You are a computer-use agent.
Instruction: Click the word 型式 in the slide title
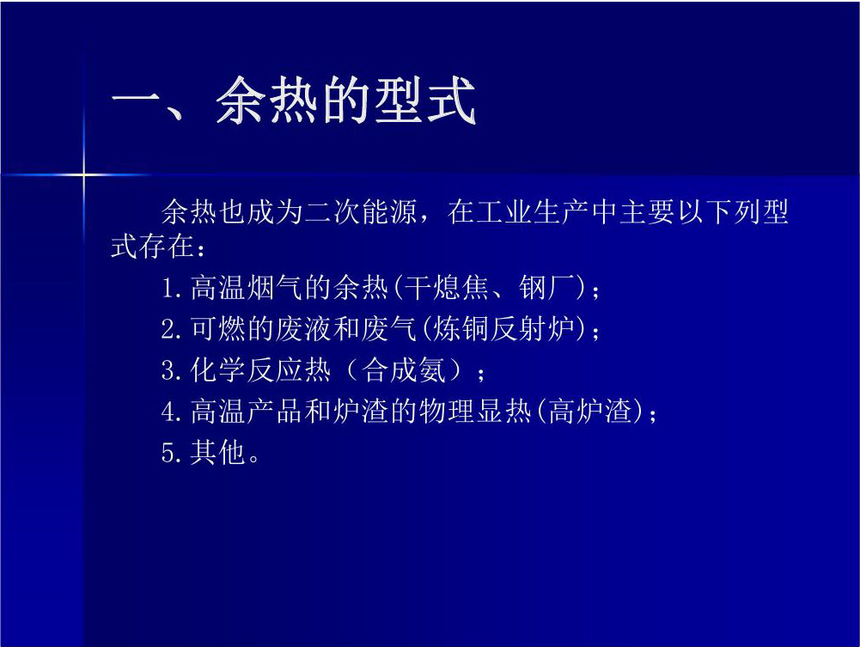tap(425, 101)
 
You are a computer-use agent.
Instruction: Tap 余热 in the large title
tap(266, 101)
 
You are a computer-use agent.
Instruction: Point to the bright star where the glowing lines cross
tap(84, 175)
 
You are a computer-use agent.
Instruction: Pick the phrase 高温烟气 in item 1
tap(247, 287)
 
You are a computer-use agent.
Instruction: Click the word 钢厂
tap(547, 287)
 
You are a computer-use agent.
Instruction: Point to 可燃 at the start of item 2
tap(218, 328)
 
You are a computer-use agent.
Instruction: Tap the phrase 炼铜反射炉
tap(503, 328)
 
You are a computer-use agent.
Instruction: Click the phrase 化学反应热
tap(260, 369)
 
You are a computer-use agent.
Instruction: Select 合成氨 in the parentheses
tap(405, 369)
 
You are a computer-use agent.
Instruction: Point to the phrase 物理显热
tap(475, 411)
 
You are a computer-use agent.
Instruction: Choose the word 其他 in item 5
tap(217, 452)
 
